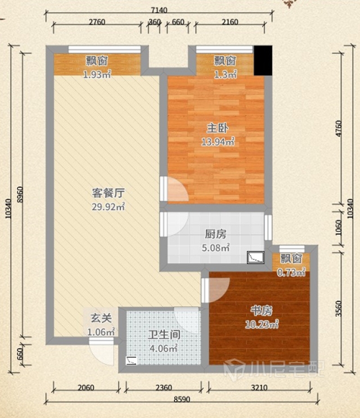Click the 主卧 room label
pos(218,128)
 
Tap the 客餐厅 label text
pos(108,193)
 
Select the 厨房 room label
pos(215,234)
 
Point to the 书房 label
pos(261,311)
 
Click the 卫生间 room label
pos(164,335)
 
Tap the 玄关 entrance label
pos(101,318)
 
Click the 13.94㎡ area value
pos(218,142)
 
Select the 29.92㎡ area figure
pos(108,206)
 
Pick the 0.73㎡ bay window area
pos(291,272)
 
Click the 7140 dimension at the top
pos(159,10)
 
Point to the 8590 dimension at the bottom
pos(182,399)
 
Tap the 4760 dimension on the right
pos(338,128)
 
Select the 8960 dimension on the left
pos(20,195)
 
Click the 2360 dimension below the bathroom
pos(164,388)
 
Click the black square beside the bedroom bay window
pos(263,60)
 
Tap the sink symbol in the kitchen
pos(255,257)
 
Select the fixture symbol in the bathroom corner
pos(132,361)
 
